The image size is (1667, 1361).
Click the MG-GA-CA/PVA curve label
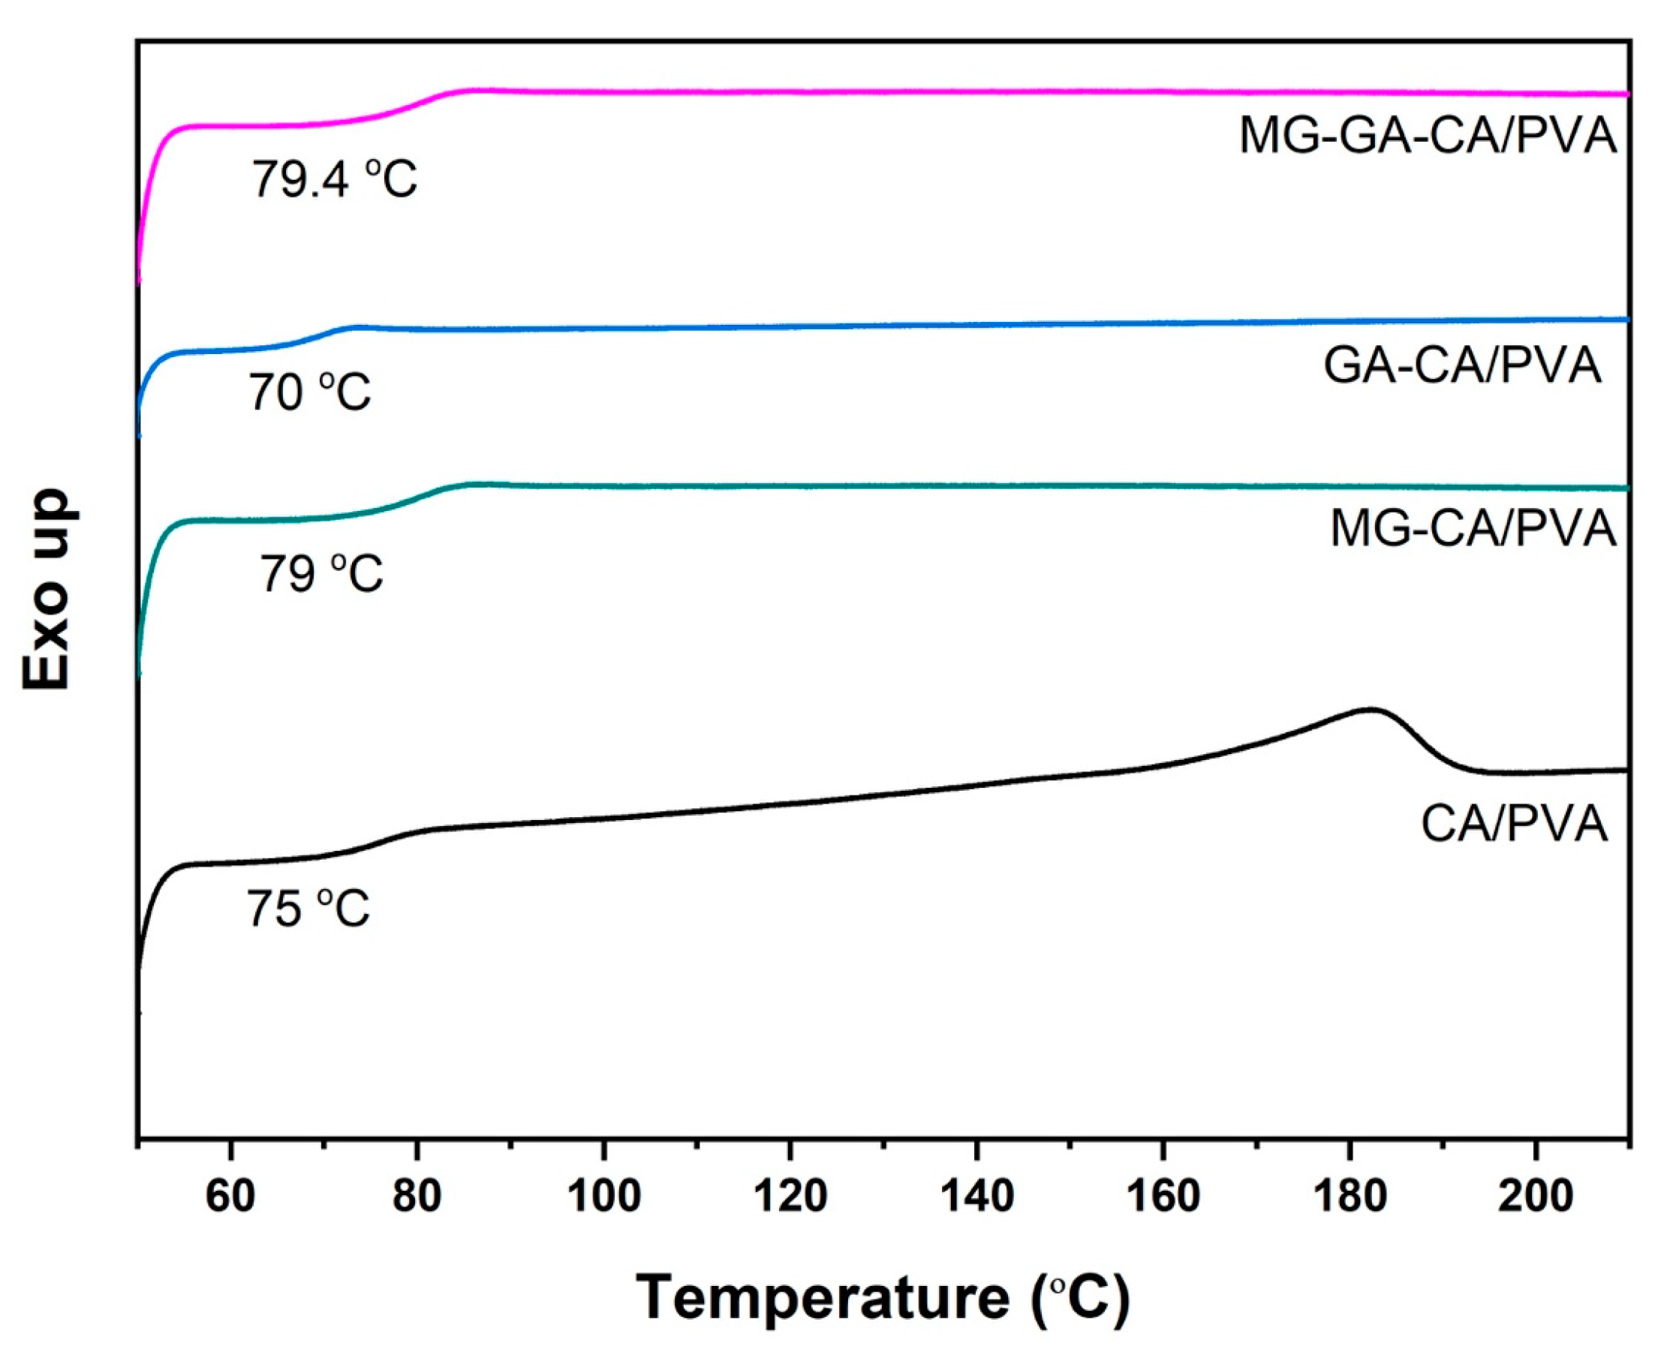tap(1427, 137)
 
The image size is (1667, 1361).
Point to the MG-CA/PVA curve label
tap(1473, 528)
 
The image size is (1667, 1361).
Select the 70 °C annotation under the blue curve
tap(310, 392)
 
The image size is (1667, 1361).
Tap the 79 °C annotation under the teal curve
tap(321, 574)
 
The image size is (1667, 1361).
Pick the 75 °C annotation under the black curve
tap(308, 909)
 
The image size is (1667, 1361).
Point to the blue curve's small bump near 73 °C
tap(357, 326)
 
